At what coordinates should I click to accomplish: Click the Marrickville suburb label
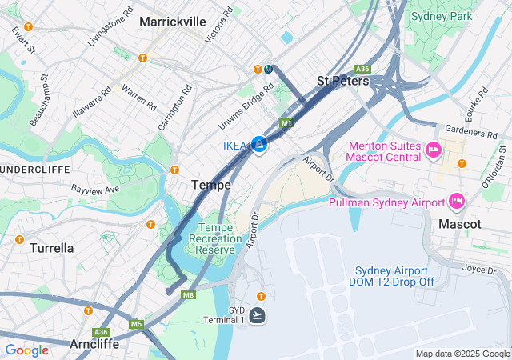[x=173, y=22]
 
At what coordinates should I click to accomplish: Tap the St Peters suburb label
[x=342, y=81]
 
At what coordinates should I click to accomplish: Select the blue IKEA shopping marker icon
[x=259, y=144]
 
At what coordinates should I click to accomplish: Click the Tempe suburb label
[x=211, y=185]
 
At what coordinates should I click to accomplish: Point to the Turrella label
[x=51, y=248]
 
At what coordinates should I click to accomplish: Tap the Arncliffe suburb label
[x=94, y=344]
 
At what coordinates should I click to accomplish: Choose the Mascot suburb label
[x=460, y=225]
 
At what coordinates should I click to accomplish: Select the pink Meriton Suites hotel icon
[x=434, y=150]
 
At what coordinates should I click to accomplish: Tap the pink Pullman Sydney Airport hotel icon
[x=457, y=200]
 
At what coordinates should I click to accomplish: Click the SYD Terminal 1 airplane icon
[x=258, y=315]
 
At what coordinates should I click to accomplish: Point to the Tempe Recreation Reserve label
[x=212, y=238]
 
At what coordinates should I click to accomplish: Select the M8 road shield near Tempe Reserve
[x=189, y=295]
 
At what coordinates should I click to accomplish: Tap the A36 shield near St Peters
[x=362, y=69]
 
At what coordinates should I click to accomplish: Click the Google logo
[x=26, y=350]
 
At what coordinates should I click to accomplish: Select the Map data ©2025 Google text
[x=462, y=354]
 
